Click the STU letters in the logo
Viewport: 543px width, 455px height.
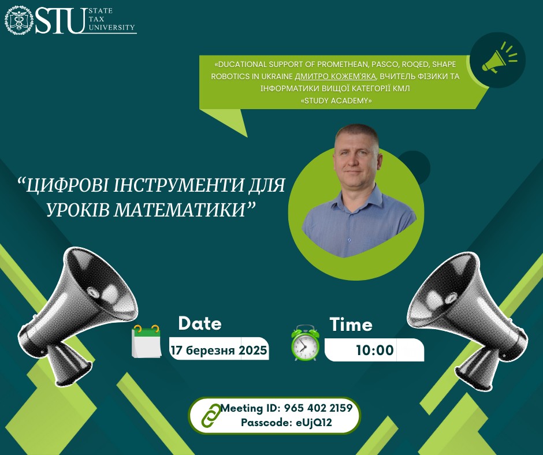61,21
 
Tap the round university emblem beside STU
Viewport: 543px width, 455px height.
19,20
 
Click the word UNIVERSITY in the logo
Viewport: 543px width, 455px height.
111,27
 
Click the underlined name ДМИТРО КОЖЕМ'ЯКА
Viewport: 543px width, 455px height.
335,76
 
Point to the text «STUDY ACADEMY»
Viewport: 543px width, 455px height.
337,101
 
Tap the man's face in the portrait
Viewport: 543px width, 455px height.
356,159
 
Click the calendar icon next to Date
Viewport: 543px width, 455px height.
147,341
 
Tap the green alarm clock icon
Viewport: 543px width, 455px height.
305,343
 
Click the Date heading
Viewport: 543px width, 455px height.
200,323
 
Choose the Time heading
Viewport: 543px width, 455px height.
351,325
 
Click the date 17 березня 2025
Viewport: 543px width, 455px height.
219,350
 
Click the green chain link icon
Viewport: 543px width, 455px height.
211,415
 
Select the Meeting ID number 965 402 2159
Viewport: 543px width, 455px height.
318,408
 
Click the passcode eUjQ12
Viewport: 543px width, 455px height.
314,423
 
